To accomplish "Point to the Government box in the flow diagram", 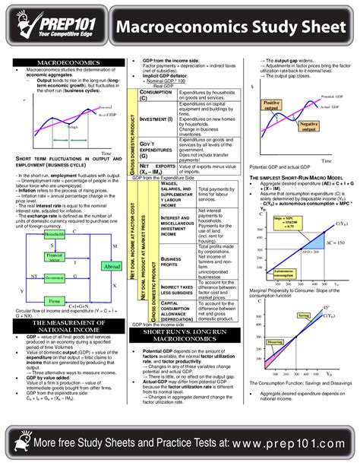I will [x=54, y=278].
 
